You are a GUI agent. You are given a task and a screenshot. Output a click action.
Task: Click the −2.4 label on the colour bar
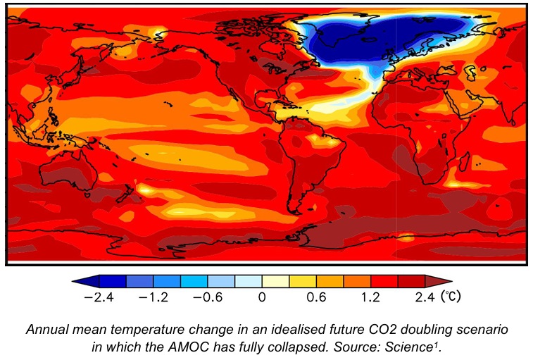click(100, 297)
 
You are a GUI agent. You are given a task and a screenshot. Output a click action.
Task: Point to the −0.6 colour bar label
click(208, 297)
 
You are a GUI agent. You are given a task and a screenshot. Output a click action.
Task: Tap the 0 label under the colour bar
click(261, 297)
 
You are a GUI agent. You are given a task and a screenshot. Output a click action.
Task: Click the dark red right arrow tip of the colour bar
click(444, 281)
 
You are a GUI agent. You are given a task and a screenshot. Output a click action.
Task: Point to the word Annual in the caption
click(46, 329)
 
